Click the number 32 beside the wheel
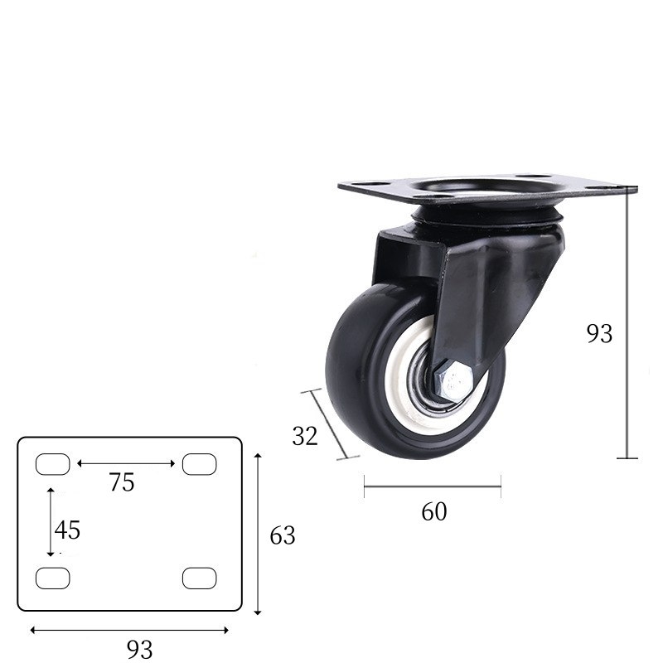coord(305,436)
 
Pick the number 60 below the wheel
coord(433,512)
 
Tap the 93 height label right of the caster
coord(599,333)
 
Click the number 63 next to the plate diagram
coord(283,536)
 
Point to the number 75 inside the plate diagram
coord(122,482)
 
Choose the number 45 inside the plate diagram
coord(68,529)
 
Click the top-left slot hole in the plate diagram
coord(53,464)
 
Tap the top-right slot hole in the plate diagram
coord(199,464)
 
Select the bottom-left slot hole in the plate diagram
coord(53,578)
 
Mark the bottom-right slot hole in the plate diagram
coord(199,578)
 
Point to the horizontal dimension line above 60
coord(432,486)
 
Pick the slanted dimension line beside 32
coord(329,423)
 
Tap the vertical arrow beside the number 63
coord(259,535)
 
